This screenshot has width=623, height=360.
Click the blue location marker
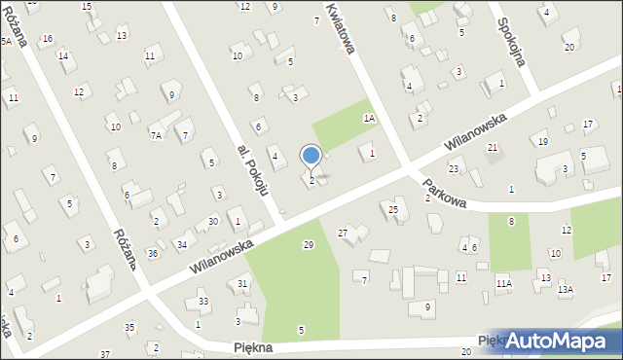(311, 155)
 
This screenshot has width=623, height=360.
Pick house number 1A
(369, 118)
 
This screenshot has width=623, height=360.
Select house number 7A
(156, 135)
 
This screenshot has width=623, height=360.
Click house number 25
(393, 209)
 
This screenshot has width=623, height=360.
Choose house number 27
(343, 233)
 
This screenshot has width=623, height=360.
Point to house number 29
(309, 244)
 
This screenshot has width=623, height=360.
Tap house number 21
(493, 147)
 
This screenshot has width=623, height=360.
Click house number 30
(212, 222)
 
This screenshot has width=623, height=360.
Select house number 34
(181, 243)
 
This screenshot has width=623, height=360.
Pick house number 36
(153, 253)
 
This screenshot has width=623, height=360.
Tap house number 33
(203, 301)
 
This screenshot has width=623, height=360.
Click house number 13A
(566, 289)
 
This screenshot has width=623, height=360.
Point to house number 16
(47, 38)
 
